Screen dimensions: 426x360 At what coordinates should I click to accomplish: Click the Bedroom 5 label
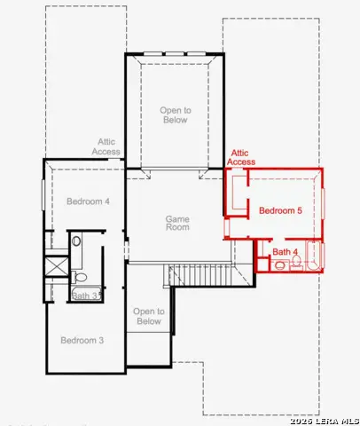tap(280, 210)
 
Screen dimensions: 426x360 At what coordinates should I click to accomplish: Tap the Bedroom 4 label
tap(88, 201)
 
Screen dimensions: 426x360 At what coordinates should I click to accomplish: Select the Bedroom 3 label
tap(82, 340)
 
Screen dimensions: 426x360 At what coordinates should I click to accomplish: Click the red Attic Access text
tap(241, 157)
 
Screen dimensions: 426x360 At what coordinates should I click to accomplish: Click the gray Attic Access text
tap(106, 146)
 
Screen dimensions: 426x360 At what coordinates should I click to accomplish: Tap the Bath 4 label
tap(284, 253)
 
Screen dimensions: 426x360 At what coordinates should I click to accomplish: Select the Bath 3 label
tap(84, 296)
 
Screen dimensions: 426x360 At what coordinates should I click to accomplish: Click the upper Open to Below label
tap(175, 114)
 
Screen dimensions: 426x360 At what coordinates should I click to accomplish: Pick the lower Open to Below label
tap(148, 316)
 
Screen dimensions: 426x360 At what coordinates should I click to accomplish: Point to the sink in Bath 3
tap(77, 241)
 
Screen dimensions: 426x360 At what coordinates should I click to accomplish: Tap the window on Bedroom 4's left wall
tap(43, 194)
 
